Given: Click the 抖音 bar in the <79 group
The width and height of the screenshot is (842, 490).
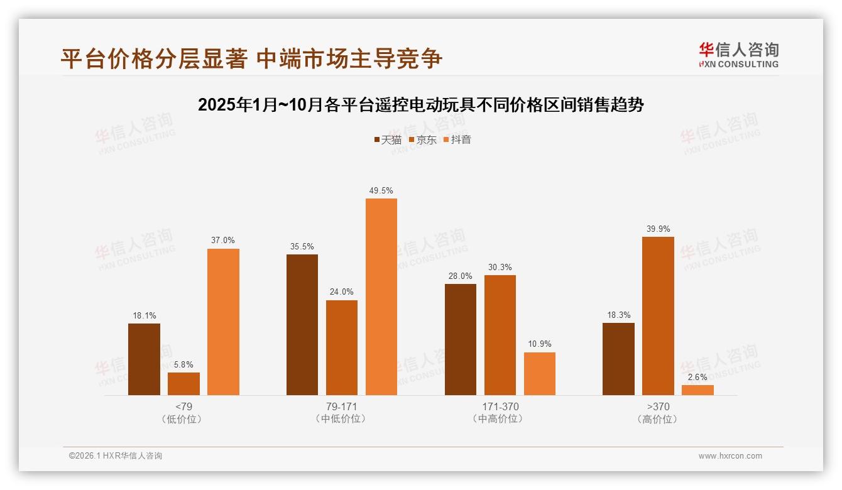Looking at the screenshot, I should tap(223, 322).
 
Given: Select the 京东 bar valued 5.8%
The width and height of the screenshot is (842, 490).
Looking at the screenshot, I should tap(183, 384).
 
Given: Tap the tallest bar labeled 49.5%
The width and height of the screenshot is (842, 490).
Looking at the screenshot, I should tap(381, 297).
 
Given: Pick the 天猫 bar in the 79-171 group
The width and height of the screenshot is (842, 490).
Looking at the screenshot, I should tap(302, 325).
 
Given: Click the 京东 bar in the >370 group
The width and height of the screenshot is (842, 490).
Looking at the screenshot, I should tap(658, 316).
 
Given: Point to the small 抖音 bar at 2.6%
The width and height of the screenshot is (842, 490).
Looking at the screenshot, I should tap(697, 390).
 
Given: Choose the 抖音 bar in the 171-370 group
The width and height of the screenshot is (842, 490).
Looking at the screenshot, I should tap(540, 374).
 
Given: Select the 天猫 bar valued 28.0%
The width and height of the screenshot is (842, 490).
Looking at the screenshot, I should tap(461, 339).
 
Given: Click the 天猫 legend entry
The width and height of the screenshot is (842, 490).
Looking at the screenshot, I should tap(388, 139).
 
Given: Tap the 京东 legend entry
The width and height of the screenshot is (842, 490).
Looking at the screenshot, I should tap(423, 139).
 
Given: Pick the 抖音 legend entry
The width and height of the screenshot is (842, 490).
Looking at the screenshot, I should tap(457, 139).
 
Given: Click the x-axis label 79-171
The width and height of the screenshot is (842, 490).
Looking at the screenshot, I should tap(342, 406).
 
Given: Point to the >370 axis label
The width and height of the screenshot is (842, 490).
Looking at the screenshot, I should tap(658, 406).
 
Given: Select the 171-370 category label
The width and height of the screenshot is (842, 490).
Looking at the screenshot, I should tap(500, 406).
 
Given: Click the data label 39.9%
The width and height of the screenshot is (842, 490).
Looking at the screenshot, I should tap(658, 229).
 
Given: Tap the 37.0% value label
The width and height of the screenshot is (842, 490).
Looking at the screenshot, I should tap(223, 241).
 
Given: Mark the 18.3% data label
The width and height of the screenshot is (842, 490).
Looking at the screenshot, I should tap(618, 315).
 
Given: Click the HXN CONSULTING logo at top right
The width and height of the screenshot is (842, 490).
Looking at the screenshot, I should tap(738, 55).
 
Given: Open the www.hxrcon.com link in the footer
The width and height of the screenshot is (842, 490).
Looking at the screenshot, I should tap(730, 456).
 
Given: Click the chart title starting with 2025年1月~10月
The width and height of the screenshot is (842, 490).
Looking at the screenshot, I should tap(421, 105).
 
